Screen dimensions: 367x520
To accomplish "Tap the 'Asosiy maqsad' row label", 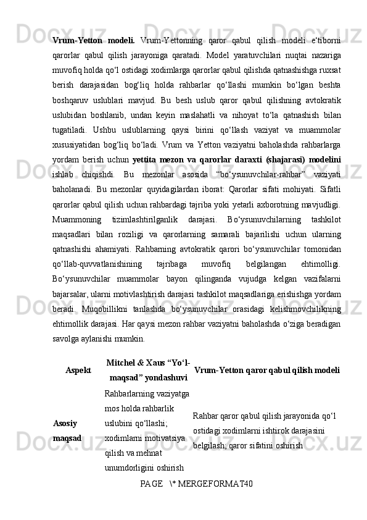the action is click(x=68, y=430).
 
